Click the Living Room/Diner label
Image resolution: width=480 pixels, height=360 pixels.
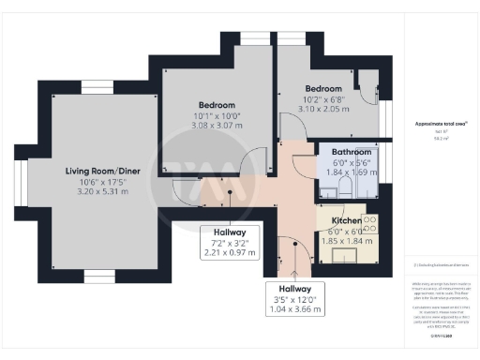click(103, 171)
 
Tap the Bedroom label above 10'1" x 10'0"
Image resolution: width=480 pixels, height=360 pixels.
click(216, 104)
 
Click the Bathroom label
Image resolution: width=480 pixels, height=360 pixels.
click(352, 152)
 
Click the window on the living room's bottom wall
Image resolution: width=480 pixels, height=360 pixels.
click(97, 275)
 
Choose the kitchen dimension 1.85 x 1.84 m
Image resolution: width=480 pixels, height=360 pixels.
click(345, 242)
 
